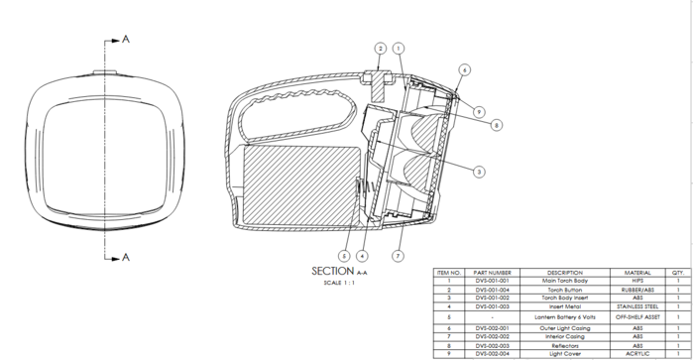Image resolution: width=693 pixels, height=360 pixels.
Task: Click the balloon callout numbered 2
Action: [x=380, y=48]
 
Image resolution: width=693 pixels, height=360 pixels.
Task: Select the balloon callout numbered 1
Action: [x=399, y=48]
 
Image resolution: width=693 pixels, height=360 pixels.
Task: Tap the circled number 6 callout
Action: [x=465, y=69]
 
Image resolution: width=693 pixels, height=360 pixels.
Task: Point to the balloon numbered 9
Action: [x=479, y=110]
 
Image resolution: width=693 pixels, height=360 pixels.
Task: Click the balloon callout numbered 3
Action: [x=479, y=172]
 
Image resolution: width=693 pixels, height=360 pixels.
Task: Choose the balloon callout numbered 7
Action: [x=397, y=257]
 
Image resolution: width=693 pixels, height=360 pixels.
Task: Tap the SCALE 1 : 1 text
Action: [x=339, y=283]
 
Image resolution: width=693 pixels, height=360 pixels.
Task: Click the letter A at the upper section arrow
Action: [x=126, y=39]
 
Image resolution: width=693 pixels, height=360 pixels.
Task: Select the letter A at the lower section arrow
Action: [x=126, y=258]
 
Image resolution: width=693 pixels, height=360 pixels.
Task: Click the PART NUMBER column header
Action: [x=493, y=272]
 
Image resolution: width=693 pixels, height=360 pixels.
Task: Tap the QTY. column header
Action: [x=678, y=272]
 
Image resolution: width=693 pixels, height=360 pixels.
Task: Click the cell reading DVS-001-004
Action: [x=493, y=289]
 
